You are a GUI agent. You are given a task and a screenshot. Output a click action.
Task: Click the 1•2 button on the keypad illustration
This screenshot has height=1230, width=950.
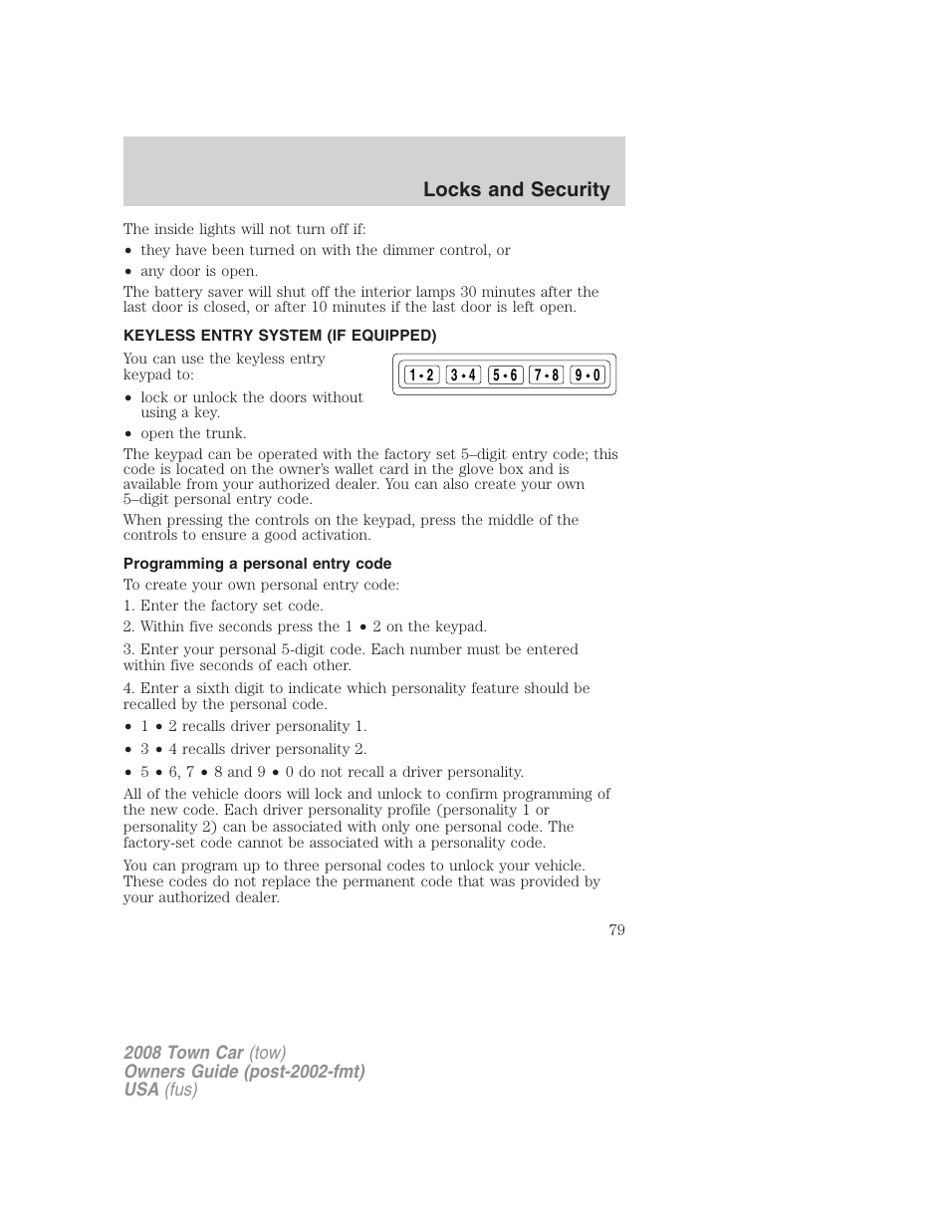tap(421, 375)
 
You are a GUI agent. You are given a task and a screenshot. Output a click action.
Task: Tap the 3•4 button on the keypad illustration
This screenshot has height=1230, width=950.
tap(463, 375)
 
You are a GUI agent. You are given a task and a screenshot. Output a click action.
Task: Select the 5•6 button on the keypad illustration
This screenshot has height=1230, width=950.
tap(505, 375)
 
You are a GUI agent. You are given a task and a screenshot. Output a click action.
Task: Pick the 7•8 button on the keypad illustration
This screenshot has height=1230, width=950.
tap(547, 375)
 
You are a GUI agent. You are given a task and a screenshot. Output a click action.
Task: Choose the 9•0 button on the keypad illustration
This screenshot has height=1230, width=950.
tap(588, 375)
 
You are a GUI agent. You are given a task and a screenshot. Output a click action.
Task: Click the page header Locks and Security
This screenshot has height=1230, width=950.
tap(516, 190)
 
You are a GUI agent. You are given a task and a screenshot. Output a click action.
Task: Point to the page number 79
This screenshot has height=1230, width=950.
tap(616, 930)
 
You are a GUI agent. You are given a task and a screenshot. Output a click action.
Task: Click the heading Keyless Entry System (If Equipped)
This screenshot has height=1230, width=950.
tap(280, 336)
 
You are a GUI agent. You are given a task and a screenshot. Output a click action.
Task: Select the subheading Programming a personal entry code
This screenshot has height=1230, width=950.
tap(257, 564)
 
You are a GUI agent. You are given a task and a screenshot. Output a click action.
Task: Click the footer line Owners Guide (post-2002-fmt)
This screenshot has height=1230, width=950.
tap(244, 1072)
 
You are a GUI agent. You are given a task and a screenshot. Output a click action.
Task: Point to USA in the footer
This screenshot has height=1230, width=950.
tap(141, 1090)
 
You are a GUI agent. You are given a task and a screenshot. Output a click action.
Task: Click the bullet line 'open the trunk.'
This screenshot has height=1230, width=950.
tap(193, 433)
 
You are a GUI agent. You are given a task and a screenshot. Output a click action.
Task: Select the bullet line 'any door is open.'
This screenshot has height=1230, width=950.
tap(198, 271)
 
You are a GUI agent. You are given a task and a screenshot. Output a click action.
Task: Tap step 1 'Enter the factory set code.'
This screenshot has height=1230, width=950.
tap(223, 606)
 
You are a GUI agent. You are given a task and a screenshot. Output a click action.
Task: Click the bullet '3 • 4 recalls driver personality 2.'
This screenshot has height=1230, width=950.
tap(253, 749)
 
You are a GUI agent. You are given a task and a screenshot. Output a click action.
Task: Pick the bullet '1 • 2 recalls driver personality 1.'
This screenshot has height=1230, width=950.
tap(253, 726)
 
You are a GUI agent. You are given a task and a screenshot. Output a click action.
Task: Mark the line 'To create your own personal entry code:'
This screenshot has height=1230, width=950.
tap(261, 585)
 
